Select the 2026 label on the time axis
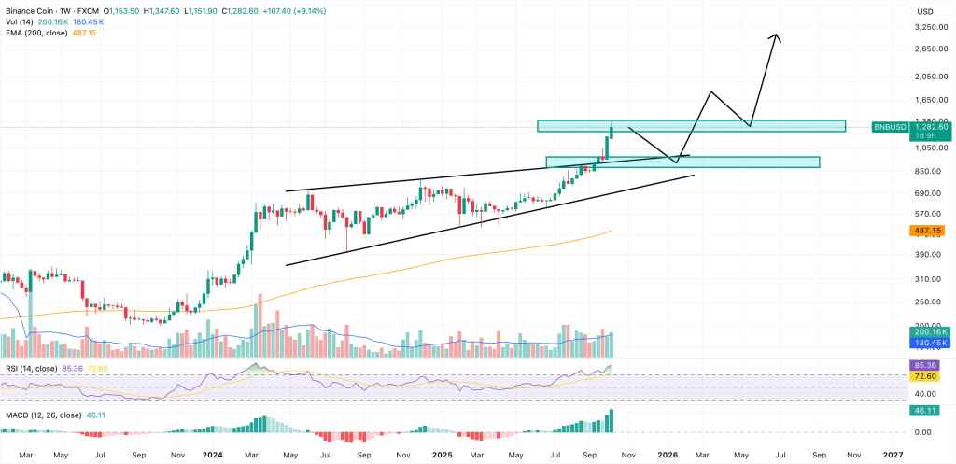667,454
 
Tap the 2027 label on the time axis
893,454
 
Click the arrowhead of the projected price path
776,36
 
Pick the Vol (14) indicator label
19,21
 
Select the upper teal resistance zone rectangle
691,125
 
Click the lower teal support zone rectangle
682,162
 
